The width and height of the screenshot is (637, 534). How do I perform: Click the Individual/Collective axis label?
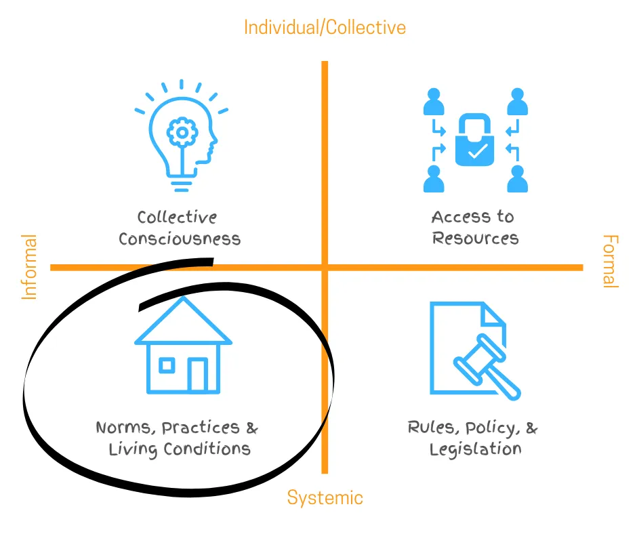325,27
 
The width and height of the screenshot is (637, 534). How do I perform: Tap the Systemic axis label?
325,497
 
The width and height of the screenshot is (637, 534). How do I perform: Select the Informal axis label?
29,266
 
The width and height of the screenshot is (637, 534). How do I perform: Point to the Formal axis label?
610,262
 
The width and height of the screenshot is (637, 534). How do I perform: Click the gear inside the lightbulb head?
181,133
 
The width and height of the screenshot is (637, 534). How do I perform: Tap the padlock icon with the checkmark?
475,140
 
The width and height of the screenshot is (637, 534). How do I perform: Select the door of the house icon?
198,374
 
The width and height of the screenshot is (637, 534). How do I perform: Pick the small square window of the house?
166,365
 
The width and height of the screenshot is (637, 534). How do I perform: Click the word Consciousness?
180,239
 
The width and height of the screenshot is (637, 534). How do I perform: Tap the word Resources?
475,239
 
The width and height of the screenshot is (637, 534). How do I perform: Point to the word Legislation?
475,449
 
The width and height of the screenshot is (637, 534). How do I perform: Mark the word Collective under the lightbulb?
177,218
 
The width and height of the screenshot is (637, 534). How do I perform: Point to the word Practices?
201,428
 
